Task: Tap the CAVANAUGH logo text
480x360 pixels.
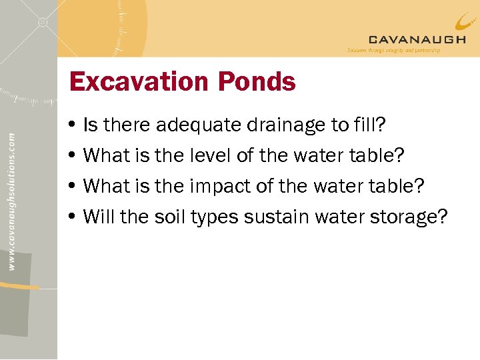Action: pos(417,39)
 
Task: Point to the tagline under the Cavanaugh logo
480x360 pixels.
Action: pos(393,50)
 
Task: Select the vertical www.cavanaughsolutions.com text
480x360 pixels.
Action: pos(12,191)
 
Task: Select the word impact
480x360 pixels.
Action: pos(221,186)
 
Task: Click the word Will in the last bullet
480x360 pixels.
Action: pos(97,217)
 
